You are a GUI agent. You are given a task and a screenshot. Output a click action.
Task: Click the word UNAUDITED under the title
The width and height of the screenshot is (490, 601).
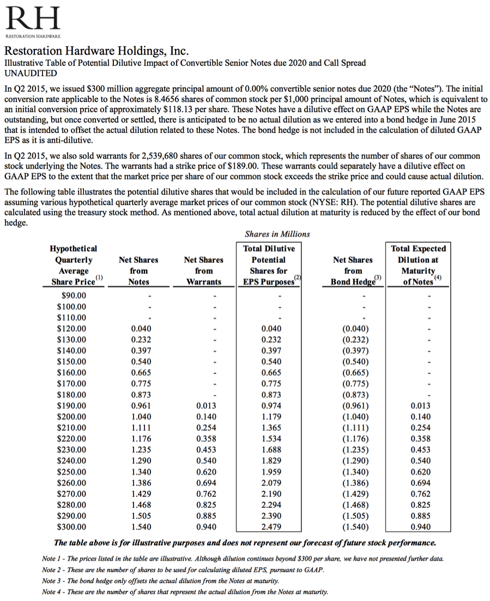tap(31, 73)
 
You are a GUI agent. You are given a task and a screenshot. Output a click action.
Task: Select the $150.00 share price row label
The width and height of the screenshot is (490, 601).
tap(72, 362)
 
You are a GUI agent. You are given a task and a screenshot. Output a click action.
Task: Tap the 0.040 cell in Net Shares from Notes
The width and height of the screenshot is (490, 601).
tap(141, 329)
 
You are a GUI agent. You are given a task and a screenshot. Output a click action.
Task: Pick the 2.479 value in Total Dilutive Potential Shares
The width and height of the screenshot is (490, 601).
tap(271, 527)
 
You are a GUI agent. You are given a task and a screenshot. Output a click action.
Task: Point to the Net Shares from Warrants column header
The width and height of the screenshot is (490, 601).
tap(203, 271)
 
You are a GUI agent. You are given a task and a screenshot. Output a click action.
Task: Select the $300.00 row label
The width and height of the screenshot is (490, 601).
tap(72, 527)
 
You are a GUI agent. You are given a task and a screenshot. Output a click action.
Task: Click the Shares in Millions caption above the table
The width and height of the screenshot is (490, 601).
tap(277, 234)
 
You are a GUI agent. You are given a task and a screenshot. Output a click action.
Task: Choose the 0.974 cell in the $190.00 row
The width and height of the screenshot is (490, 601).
tap(271, 406)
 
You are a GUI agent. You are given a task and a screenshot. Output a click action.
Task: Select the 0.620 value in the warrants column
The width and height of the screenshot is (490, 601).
tap(206, 472)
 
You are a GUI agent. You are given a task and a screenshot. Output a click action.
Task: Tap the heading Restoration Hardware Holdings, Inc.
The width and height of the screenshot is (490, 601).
tap(96, 52)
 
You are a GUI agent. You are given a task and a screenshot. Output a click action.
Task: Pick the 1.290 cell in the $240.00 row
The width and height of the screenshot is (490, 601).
tap(141, 461)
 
